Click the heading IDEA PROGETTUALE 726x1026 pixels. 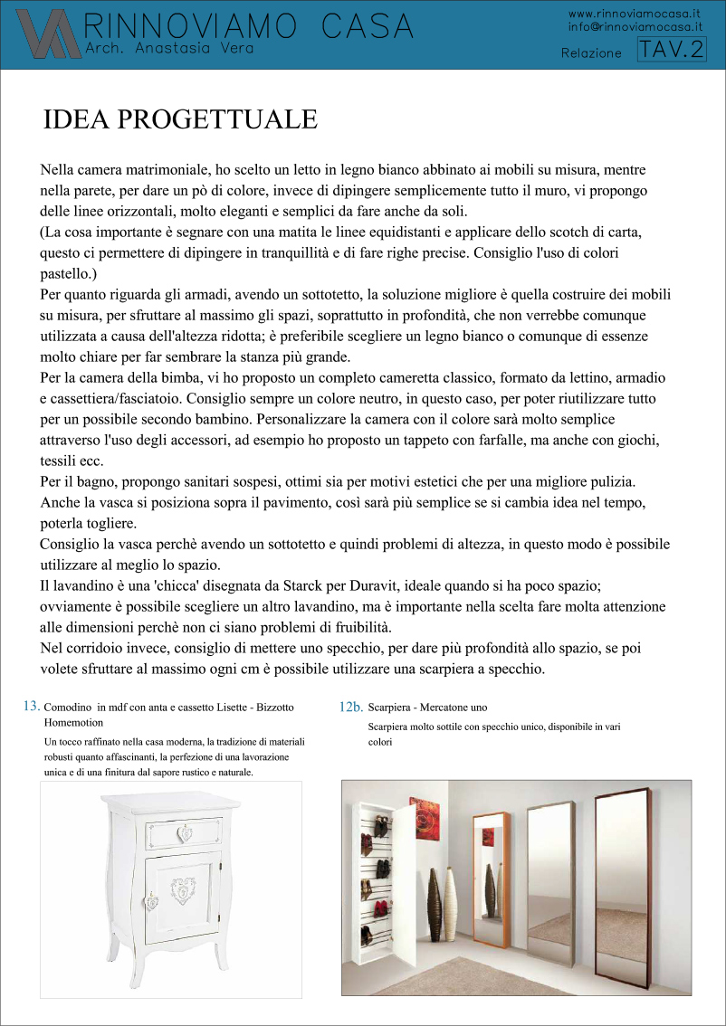point(180,120)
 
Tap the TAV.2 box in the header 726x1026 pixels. point(672,51)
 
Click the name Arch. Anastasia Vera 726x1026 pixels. point(168,45)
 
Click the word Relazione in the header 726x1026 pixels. point(591,53)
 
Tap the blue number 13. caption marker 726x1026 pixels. point(31,706)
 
